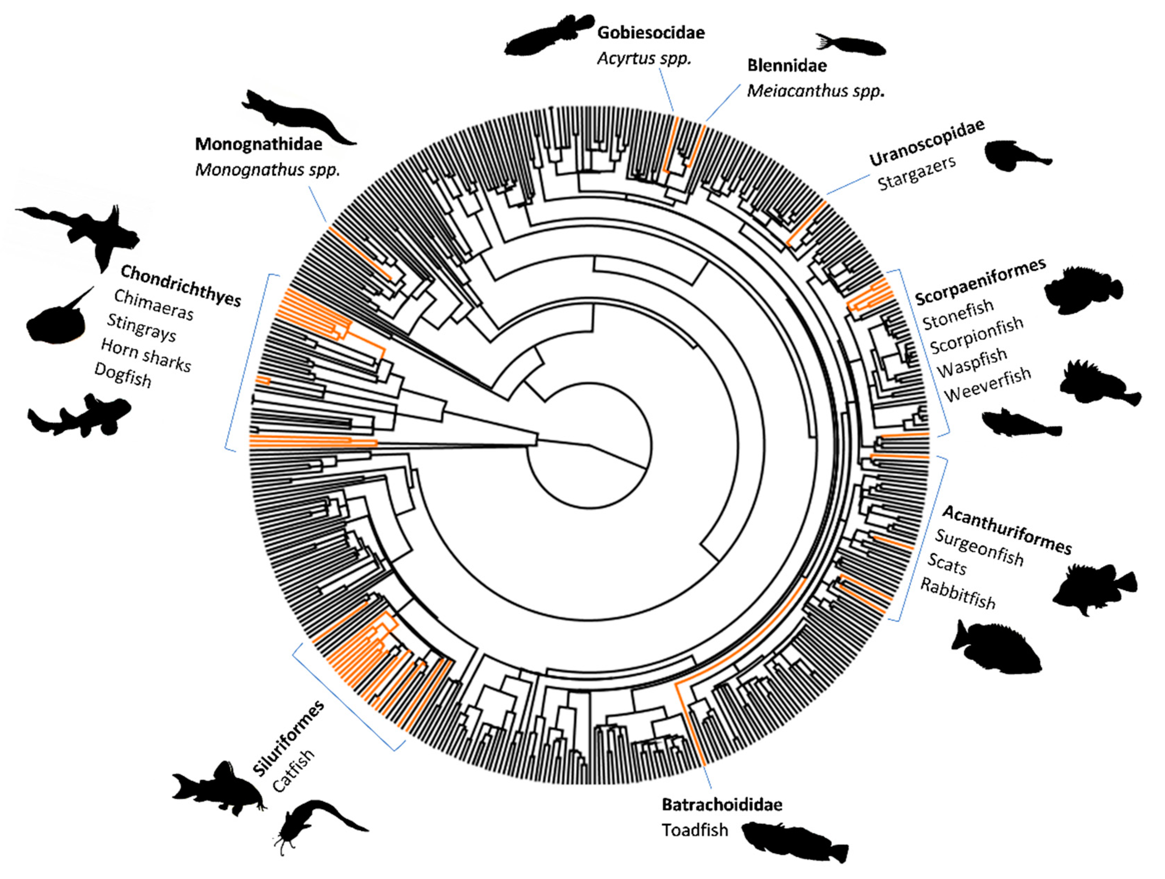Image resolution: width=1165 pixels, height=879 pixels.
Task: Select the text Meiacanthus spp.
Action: tap(815, 91)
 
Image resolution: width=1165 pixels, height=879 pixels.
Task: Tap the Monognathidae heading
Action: tap(258, 144)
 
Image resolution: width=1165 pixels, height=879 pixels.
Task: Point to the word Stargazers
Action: tap(917, 173)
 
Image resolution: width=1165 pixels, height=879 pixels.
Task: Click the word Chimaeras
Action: tap(154, 305)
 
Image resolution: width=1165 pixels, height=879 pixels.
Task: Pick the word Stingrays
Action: tap(141, 327)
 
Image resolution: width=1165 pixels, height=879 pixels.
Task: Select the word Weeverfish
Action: tap(987, 385)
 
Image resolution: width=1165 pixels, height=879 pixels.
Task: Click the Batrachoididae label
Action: tap(722, 805)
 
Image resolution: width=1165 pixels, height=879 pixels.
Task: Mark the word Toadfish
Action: tap(695, 830)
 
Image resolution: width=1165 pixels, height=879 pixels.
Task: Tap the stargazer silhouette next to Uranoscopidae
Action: tap(1014, 156)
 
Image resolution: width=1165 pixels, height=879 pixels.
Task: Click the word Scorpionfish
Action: tap(976, 335)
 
